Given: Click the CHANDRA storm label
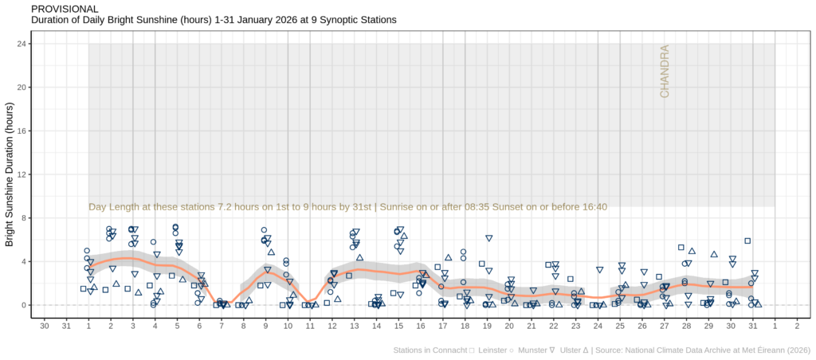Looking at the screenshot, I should pyautogui.click(x=665, y=72).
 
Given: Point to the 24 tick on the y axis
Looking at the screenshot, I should pyautogui.click(x=23, y=44).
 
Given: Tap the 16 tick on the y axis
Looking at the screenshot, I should pyautogui.click(x=23, y=131).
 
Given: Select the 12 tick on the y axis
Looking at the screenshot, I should pyautogui.click(x=23, y=174).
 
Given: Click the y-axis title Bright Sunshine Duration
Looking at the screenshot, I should pyautogui.click(x=10, y=175).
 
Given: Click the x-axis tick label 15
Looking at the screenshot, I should pyautogui.click(x=398, y=325).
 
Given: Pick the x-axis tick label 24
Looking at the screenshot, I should pyautogui.click(x=598, y=325).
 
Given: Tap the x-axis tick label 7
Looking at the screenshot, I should pyautogui.click(x=221, y=325).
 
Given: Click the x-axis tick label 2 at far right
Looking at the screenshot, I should pyautogui.click(x=797, y=325).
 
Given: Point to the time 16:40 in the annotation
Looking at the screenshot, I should pyautogui.click(x=590, y=207).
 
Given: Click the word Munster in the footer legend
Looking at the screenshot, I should pyautogui.click(x=534, y=350).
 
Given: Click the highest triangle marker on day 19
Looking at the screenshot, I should pyautogui.click(x=489, y=239).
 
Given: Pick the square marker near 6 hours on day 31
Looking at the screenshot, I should pyautogui.click(x=747, y=241).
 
